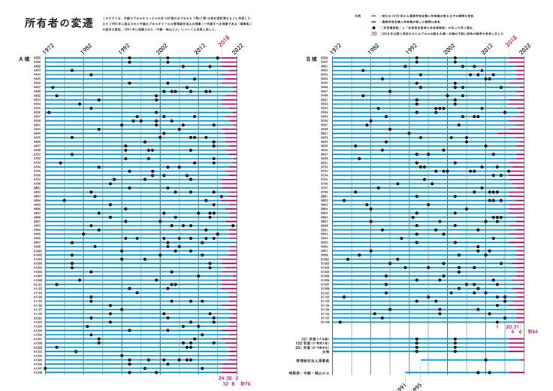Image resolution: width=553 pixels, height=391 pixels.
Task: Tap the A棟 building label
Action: [x=26, y=58]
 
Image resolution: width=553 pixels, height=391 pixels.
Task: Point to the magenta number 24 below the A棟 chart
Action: [x=222, y=377]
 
